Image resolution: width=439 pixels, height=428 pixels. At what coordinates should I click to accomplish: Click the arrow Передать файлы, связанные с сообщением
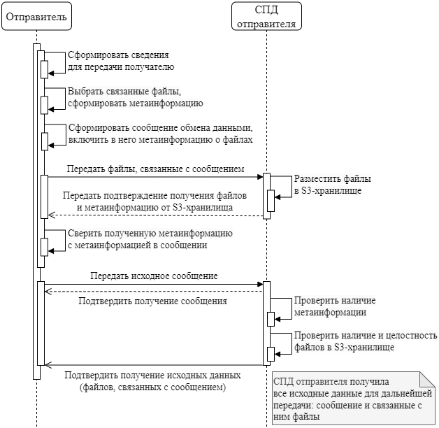click(154, 176)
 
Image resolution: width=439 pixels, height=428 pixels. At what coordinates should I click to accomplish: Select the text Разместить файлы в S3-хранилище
click(332, 184)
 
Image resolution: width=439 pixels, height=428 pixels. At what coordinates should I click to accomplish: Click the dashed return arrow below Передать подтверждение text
click(154, 214)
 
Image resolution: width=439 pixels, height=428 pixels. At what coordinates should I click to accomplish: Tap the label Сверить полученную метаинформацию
click(150, 239)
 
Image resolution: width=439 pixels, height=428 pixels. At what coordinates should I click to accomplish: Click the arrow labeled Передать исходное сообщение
click(154, 284)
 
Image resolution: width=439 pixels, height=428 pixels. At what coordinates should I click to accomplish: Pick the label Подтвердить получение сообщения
click(154, 301)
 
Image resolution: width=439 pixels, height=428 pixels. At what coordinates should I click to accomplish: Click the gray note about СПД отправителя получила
click(353, 399)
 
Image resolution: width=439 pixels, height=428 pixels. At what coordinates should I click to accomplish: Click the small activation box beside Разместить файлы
click(271, 201)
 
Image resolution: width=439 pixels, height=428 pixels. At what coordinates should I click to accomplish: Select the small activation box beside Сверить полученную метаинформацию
click(43, 247)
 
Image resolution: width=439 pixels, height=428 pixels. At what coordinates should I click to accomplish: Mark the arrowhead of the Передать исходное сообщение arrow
click(259, 284)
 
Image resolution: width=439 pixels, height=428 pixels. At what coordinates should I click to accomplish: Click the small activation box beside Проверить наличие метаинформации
click(271, 319)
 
